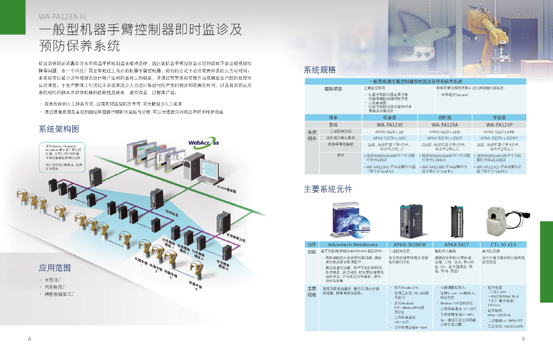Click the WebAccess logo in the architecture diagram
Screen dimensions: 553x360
click(203, 142)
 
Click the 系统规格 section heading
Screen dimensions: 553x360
click(320, 70)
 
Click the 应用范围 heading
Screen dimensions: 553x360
click(55, 268)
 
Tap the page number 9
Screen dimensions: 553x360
click(523, 339)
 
